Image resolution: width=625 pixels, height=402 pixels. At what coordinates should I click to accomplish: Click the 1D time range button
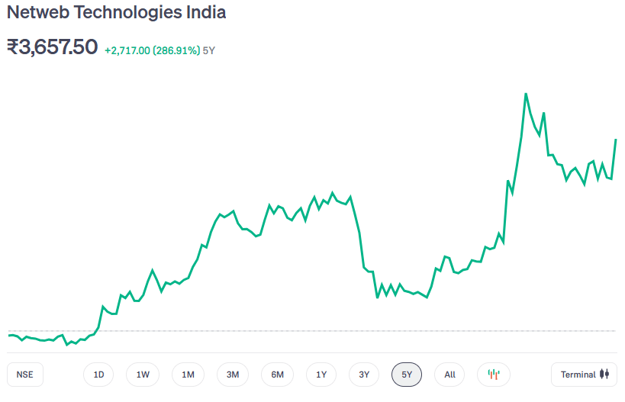click(x=98, y=375)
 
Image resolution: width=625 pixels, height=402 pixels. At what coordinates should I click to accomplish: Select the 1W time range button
click(x=143, y=375)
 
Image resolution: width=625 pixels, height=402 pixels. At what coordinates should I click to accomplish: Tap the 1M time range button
click(x=188, y=375)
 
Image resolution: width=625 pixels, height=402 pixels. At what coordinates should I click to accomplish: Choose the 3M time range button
click(x=233, y=375)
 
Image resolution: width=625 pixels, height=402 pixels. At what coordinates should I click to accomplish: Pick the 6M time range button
click(x=277, y=375)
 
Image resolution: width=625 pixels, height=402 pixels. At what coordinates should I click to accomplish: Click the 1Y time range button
click(x=321, y=375)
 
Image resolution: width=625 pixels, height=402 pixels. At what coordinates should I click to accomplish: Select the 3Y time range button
click(x=364, y=375)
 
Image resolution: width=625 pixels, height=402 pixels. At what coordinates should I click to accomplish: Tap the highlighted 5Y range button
click(x=407, y=375)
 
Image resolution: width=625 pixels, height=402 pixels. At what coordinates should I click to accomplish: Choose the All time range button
click(x=449, y=375)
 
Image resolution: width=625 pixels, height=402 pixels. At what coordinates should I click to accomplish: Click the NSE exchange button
click(x=25, y=375)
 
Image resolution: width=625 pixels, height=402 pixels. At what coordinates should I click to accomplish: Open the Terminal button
click(x=584, y=375)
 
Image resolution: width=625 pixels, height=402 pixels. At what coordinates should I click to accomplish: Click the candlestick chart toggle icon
click(x=494, y=375)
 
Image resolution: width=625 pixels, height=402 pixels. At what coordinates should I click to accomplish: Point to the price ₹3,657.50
click(x=52, y=47)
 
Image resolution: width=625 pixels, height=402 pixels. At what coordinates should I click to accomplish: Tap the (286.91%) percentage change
click(x=176, y=50)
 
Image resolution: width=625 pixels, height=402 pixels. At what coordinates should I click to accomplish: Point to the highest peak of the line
click(x=526, y=94)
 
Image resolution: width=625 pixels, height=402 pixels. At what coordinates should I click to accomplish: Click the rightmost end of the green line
click(x=615, y=140)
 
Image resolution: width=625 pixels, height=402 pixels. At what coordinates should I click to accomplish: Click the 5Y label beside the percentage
click(x=209, y=50)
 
